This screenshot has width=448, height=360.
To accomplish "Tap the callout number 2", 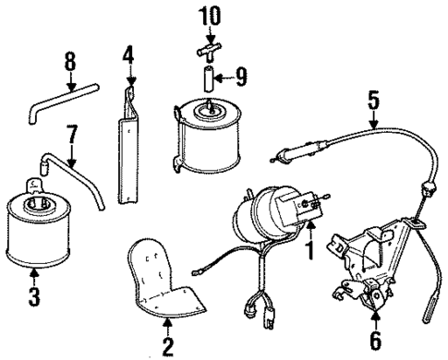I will pos(166,348).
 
